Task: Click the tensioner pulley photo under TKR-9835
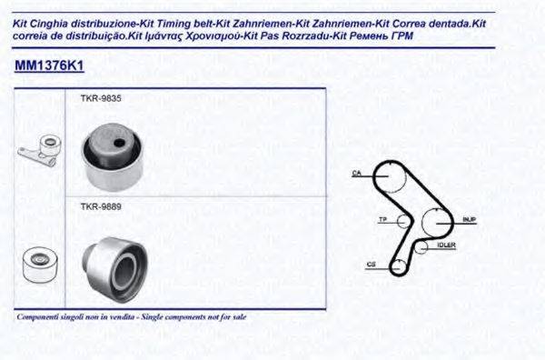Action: click(112, 153)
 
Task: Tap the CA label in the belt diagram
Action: click(357, 172)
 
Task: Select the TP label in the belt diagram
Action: click(382, 219)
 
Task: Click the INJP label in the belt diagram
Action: click(469, 219)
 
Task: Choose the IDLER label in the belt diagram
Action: click(446, 244)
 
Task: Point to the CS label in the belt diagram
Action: click(372, 265)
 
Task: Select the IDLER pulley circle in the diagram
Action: click(421, 245)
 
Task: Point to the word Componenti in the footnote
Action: click(36, 317)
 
